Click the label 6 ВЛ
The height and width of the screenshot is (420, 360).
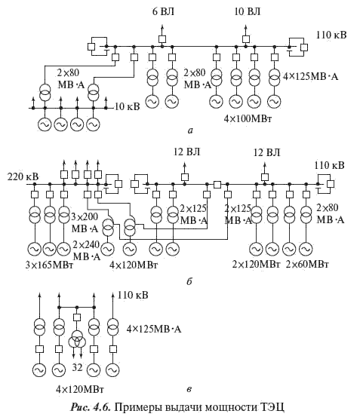(164, 12)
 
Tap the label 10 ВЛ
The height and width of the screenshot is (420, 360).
(248, 11)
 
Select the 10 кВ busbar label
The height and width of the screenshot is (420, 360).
(128, 107)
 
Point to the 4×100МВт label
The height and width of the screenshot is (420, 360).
(248, 118)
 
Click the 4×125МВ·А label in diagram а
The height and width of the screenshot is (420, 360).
(311, 77)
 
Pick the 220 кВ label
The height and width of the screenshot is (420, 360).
(23, 177)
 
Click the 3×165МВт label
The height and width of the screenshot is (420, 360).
(49, 265)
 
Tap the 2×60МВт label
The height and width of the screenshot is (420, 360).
(307, 265)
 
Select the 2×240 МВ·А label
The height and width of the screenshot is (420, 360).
(86, 250)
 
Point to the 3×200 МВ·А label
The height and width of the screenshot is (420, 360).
(85, 222)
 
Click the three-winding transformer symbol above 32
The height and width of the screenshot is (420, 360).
(77, 340)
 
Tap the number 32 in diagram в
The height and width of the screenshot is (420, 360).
(77, 368)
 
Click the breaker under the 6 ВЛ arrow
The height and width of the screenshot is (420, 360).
(162, 39)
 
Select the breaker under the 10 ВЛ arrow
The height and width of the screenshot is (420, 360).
(246, 39)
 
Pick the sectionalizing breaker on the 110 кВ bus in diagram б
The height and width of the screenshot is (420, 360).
(217, 184)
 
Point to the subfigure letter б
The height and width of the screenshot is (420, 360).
(189, 282)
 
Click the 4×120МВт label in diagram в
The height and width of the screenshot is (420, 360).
(80, 389)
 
